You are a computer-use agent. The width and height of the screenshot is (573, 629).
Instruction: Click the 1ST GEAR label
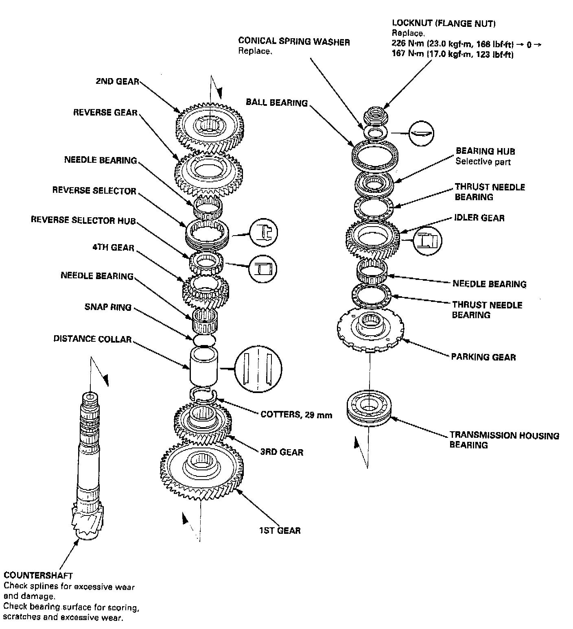point(280,531)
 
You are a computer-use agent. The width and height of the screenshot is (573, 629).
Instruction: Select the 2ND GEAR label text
point(117,81)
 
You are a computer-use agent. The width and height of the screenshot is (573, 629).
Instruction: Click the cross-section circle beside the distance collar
point(258,368)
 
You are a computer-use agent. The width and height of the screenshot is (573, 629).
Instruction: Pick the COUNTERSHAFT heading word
point(38,576)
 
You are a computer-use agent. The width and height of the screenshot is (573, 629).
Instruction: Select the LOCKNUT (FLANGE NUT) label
point(444,24)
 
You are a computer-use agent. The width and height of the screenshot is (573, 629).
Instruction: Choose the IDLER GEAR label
point(479,218)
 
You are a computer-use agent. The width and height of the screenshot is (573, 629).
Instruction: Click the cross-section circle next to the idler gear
point(427,240)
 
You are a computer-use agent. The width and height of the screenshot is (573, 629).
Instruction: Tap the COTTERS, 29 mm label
point(296,415)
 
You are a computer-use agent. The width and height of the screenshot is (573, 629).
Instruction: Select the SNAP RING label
point(108,307)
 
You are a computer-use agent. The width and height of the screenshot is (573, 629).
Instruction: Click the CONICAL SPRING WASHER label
point(294,41)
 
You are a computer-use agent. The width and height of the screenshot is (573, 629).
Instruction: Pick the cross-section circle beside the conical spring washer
point(421,133)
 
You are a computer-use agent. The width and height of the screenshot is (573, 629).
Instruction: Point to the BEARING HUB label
point(485,151)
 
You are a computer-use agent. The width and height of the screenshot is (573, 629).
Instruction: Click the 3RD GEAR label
point(282,452)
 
